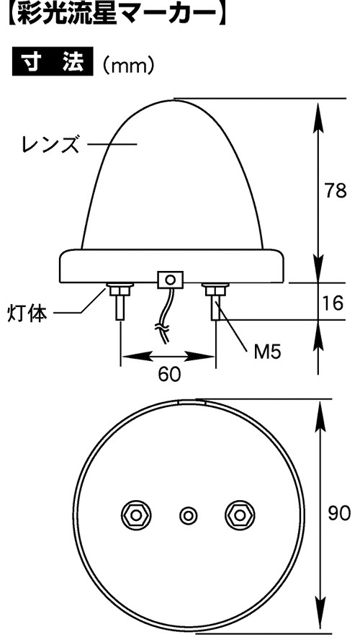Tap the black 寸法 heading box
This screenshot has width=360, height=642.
(x=53, y=62)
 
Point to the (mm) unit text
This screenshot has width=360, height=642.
(x=129, y=64)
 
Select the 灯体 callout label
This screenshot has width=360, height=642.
(x=27, y=314)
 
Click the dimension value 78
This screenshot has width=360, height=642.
(x=336, y=191)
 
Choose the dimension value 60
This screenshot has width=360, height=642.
(x=169, y=374)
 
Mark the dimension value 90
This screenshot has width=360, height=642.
(x=339, y=513)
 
